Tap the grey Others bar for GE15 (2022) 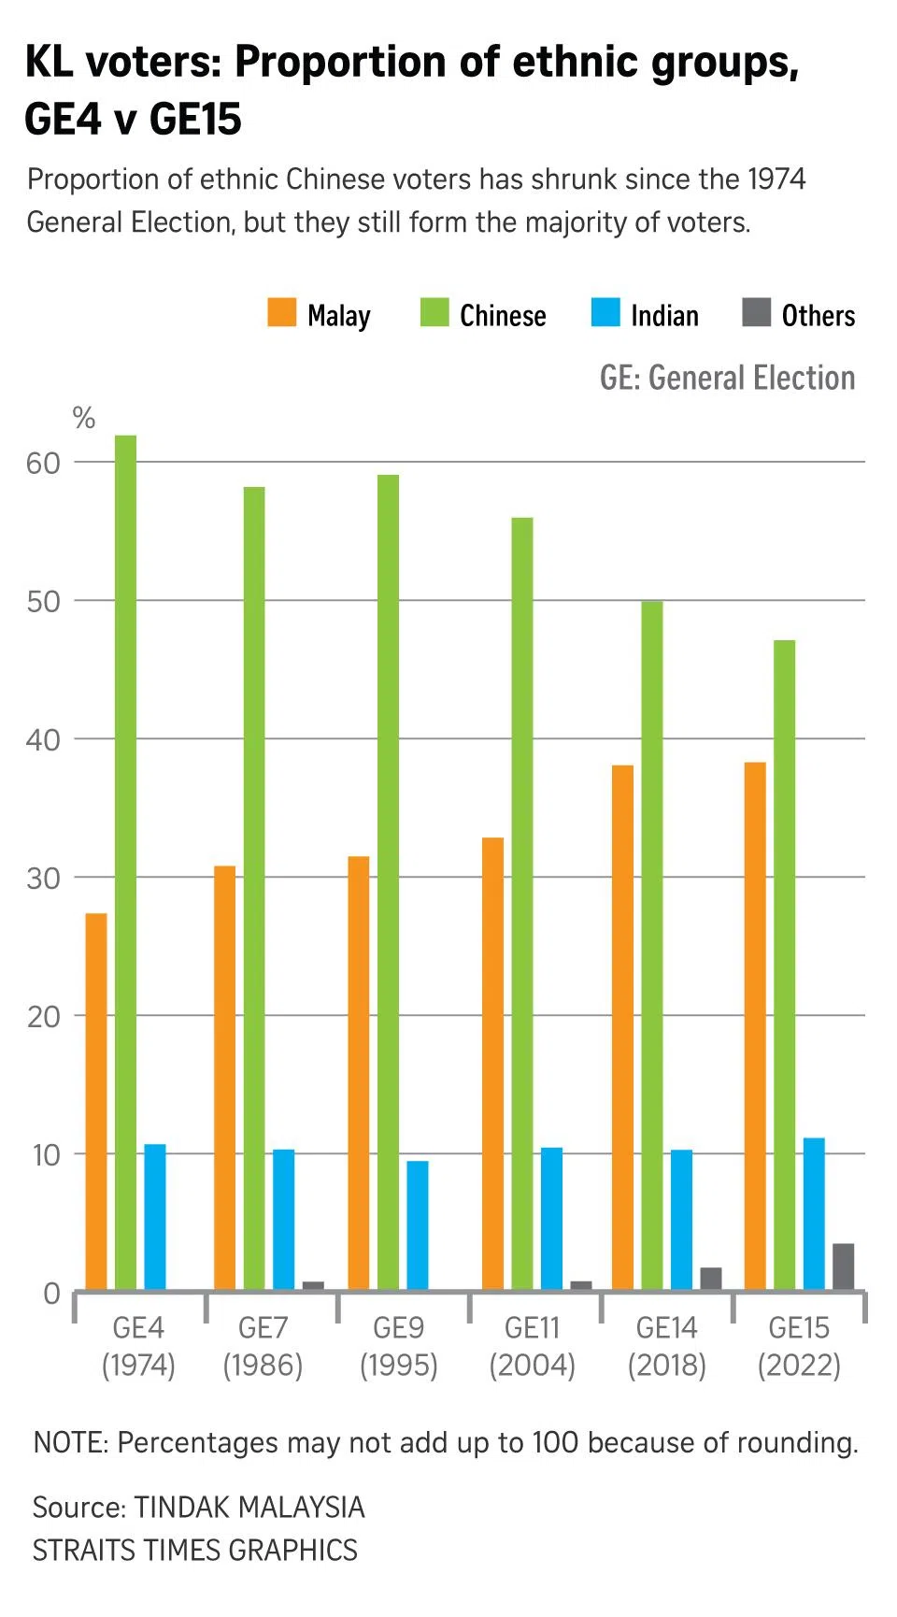pyautogui.click(x=843, y=1266)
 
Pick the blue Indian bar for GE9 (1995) pyautogui.click(x=418, y=1224)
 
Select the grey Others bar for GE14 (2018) pyautogui.click(x=711, y=1279)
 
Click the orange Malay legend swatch pyautogui.click(x=282, y=313)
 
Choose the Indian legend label pyautogui.click(x=664, y=316)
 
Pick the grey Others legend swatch pyautogui.click(x=756, y=313)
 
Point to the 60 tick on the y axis pyautogui.click(x=43, y=464)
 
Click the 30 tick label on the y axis pyautogui.click(x=43, y=879)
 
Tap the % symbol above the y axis pyautogui.click(x=84, y=419)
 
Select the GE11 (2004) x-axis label pyautogui.click(x=532, y=1346)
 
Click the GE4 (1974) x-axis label pyautogui.click(x=138, y=1346)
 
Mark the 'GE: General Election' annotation pyautogui.click(x=727, y=378)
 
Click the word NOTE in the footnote pyautogui.click(x=70, y=1442)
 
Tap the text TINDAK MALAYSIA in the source pyautogui.click(x=249, y=1507)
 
